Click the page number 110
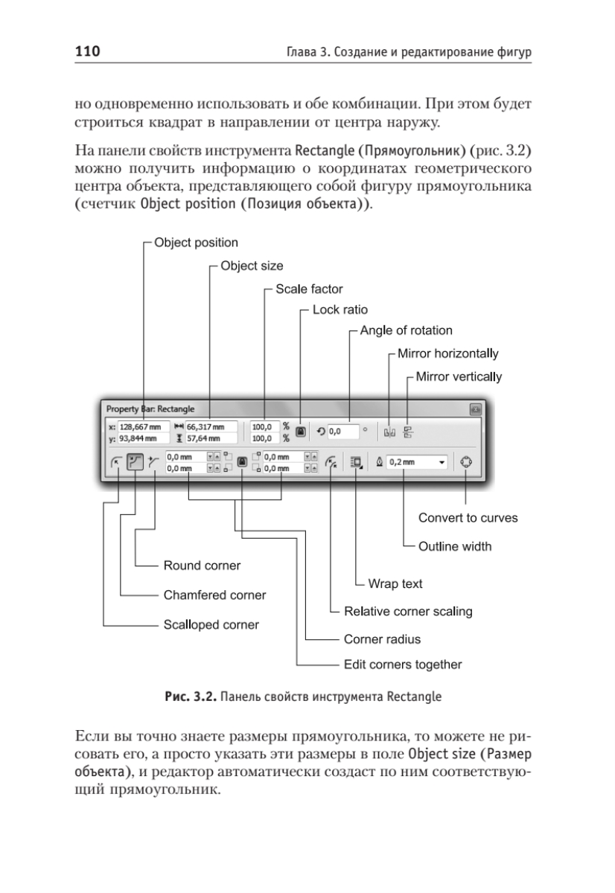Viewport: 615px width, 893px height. coord(87,51)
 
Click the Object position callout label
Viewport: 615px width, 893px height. coord(196,243)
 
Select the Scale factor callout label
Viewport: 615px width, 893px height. coord(309,289)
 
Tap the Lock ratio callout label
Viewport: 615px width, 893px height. coord(340,310)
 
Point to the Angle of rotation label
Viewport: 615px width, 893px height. coord(406,330)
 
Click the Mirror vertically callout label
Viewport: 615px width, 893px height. coord(459,377)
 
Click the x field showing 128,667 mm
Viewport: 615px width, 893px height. coord(144,427)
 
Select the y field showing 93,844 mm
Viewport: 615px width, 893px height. coord(144,438)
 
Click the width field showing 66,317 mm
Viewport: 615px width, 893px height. coord(211,427)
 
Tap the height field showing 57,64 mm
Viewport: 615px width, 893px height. coord(211,438)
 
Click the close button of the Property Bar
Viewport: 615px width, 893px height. coord(476,409)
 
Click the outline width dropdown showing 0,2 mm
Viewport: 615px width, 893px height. coord(417,462)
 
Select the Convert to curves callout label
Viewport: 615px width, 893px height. coord(468,518)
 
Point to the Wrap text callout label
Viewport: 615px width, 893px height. coord(395,584)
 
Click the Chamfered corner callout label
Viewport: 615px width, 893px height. coord(214,595)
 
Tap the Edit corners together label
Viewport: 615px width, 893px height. coord(403,665)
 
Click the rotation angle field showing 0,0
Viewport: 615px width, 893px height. coord(343,432)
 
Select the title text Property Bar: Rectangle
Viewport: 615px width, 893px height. coord(150,409)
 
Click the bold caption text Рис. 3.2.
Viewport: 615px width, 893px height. coord(191,697)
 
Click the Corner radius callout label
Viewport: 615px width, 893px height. coord(382,639)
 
